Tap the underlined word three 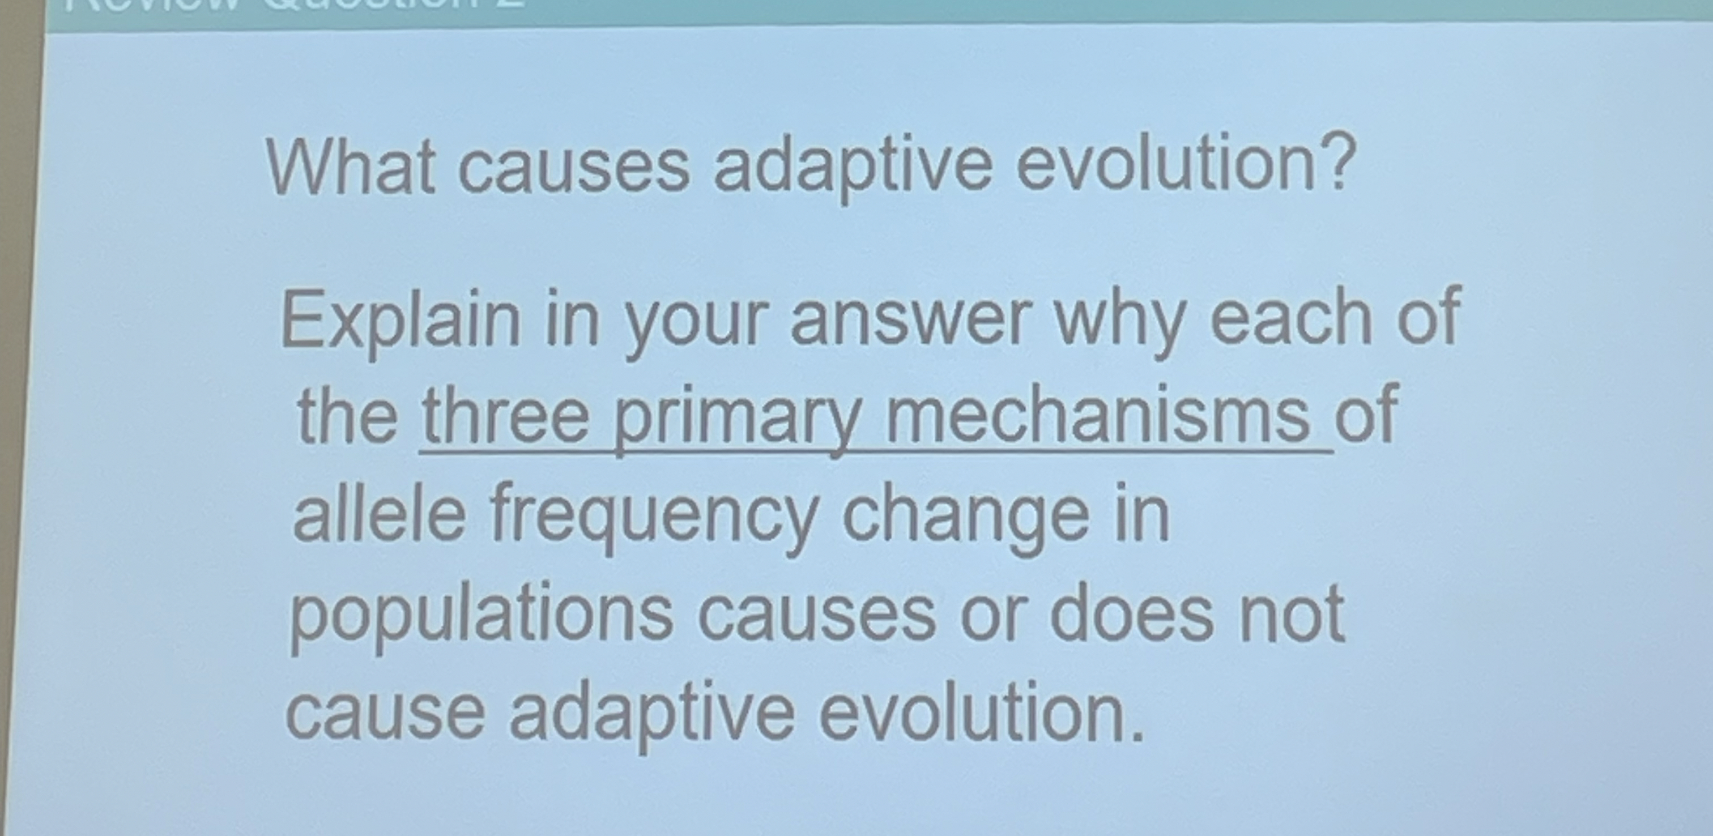click(505, 416)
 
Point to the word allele click(379, 515)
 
